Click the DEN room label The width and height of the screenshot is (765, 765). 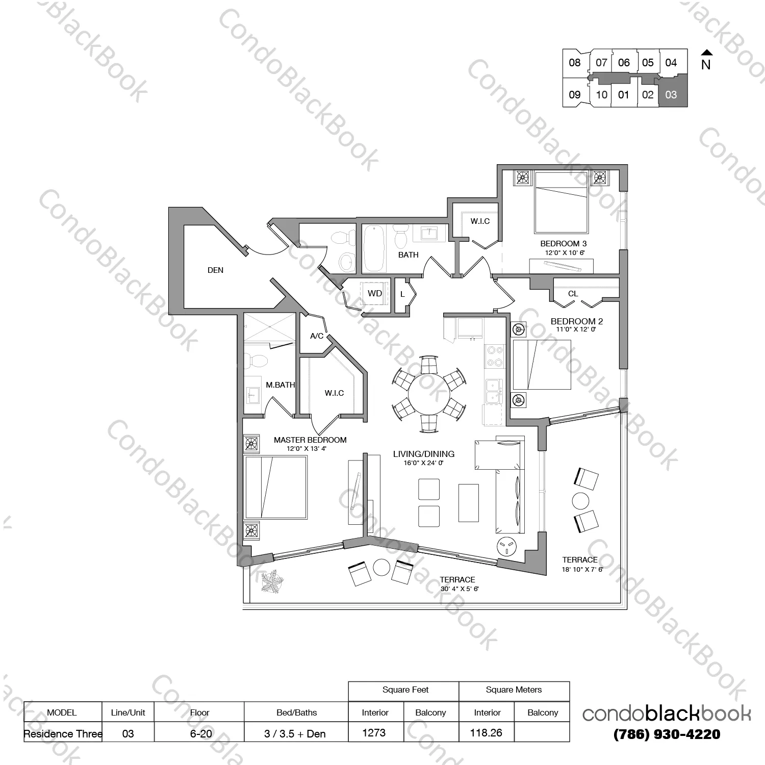click(x=215, y=270)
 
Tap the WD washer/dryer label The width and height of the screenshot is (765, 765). click(x=375, y=293)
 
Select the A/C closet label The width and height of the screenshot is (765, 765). click(x=317, y=336)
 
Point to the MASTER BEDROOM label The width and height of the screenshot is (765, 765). click(x=310, y=440)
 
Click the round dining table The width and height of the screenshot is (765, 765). click(x=429, y=395)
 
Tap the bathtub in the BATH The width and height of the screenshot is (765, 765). click(x=374, y=249)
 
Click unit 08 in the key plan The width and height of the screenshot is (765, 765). click(x=575, y=63)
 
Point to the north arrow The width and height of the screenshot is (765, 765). click(x=706, y=52)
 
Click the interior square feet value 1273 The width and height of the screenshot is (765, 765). click(x=374, y=733)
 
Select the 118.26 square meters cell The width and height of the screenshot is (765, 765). click(x=486, y=733)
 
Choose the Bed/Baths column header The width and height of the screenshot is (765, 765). click(x=296, y=712)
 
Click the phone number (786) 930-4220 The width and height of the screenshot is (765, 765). click(x=667, y=734)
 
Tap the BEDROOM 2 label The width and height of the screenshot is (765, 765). click(x=577, y=321)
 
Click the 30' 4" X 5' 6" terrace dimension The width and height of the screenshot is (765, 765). click(x=460, y=589)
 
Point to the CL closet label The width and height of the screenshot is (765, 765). click(x=573, y=294)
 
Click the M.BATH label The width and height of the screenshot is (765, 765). click(x=280, y=385)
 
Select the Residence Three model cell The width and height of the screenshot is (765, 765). click(x=63, y=734)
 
